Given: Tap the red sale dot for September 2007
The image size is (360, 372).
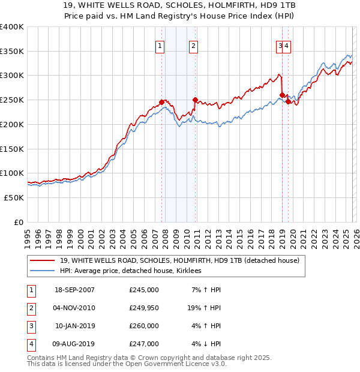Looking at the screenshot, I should tap(161, 102).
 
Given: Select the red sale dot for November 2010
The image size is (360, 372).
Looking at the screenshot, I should tap(195, 100).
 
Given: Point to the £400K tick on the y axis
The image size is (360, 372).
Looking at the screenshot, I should tap(12, 27).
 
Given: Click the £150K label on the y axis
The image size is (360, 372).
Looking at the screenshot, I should tap(12, 148).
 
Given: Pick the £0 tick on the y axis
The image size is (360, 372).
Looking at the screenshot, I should tap(18, 221).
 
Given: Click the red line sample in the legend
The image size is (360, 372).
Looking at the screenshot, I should tap(42, 260).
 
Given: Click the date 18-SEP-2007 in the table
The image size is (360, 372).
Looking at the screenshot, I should tap(74, 290).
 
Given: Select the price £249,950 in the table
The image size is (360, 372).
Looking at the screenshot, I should tap(144, 307).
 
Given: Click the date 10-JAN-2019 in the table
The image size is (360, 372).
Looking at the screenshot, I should tap(74, 326).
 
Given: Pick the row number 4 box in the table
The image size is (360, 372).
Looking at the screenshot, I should tap(29, 344).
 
